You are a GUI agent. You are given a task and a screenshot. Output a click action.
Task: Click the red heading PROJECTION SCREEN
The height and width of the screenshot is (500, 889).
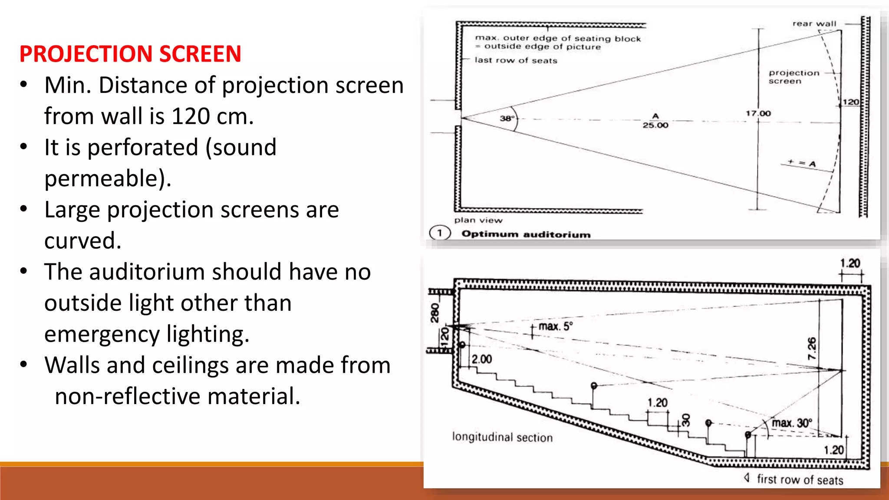coord(130,54)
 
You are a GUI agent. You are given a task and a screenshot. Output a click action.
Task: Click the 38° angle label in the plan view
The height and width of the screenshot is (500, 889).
coord(507,118)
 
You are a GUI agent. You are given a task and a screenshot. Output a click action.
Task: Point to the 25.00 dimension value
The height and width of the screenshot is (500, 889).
coord(655,125)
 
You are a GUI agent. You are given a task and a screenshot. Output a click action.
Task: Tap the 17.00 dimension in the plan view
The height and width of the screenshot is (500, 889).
coord(758,113)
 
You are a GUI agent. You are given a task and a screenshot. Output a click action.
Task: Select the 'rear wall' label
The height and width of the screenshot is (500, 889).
coord(814,24)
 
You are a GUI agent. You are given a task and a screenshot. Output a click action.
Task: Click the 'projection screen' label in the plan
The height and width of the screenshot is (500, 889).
coord(794,77)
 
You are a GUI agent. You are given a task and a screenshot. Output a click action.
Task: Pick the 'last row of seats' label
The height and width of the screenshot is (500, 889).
coord(516,60)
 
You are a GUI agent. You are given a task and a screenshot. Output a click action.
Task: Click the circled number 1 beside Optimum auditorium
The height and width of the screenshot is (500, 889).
coord(440,233)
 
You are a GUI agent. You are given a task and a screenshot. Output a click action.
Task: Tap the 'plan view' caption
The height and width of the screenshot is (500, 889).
coord(478,220)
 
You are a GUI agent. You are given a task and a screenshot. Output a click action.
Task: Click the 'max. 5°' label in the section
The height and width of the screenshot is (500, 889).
coord(555,326)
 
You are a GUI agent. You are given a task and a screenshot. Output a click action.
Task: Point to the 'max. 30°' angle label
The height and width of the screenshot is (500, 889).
coord(791,423)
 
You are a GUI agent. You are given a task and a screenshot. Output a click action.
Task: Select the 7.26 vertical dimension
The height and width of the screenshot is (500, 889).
coord(812,349)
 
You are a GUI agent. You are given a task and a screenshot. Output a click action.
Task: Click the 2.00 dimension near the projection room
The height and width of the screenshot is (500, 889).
coord(481,359)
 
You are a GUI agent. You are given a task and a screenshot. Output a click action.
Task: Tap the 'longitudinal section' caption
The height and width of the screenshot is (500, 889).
coord(502,437)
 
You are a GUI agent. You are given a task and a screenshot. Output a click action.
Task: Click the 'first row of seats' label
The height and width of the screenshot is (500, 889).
coord(800,480)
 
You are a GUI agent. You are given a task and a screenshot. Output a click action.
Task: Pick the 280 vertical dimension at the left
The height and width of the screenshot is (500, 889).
coord(435,313)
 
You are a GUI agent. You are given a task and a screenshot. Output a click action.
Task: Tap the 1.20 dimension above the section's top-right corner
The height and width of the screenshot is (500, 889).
coord(849,263)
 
